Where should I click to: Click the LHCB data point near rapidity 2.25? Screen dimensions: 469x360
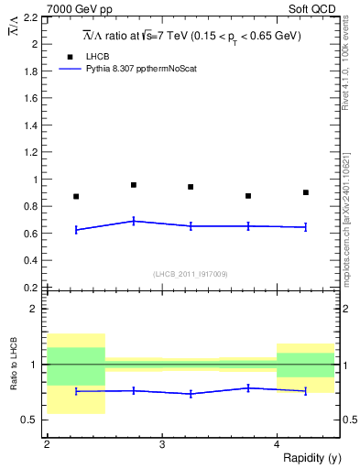(76, 196)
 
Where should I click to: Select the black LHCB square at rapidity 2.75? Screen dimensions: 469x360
(134, 185)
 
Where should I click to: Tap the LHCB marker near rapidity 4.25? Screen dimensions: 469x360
(305, 192)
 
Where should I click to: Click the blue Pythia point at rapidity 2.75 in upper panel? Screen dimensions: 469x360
(134, 221)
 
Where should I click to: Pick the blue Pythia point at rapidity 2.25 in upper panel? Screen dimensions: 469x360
(76, 229)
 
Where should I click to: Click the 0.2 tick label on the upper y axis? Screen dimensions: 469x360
(31, 288)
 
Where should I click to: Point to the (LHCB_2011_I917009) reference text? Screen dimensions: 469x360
(191, 273)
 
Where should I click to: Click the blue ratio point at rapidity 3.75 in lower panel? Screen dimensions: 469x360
(248, 387)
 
